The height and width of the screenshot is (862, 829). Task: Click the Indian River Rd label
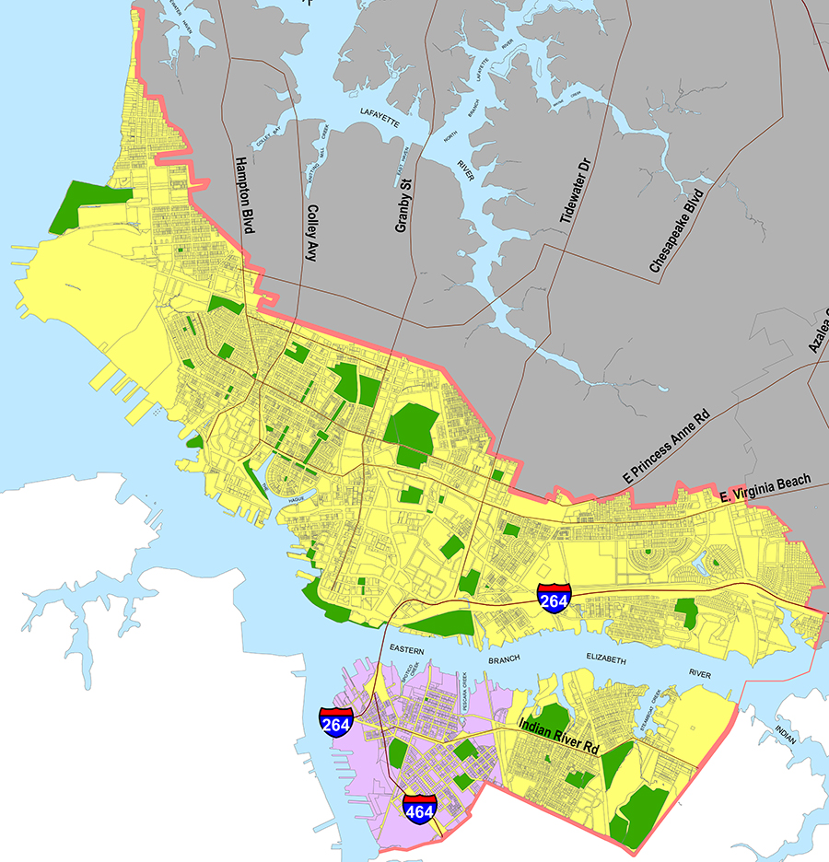click(x=559, y=737)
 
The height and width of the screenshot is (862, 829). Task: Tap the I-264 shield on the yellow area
click(x=555, y=599)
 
